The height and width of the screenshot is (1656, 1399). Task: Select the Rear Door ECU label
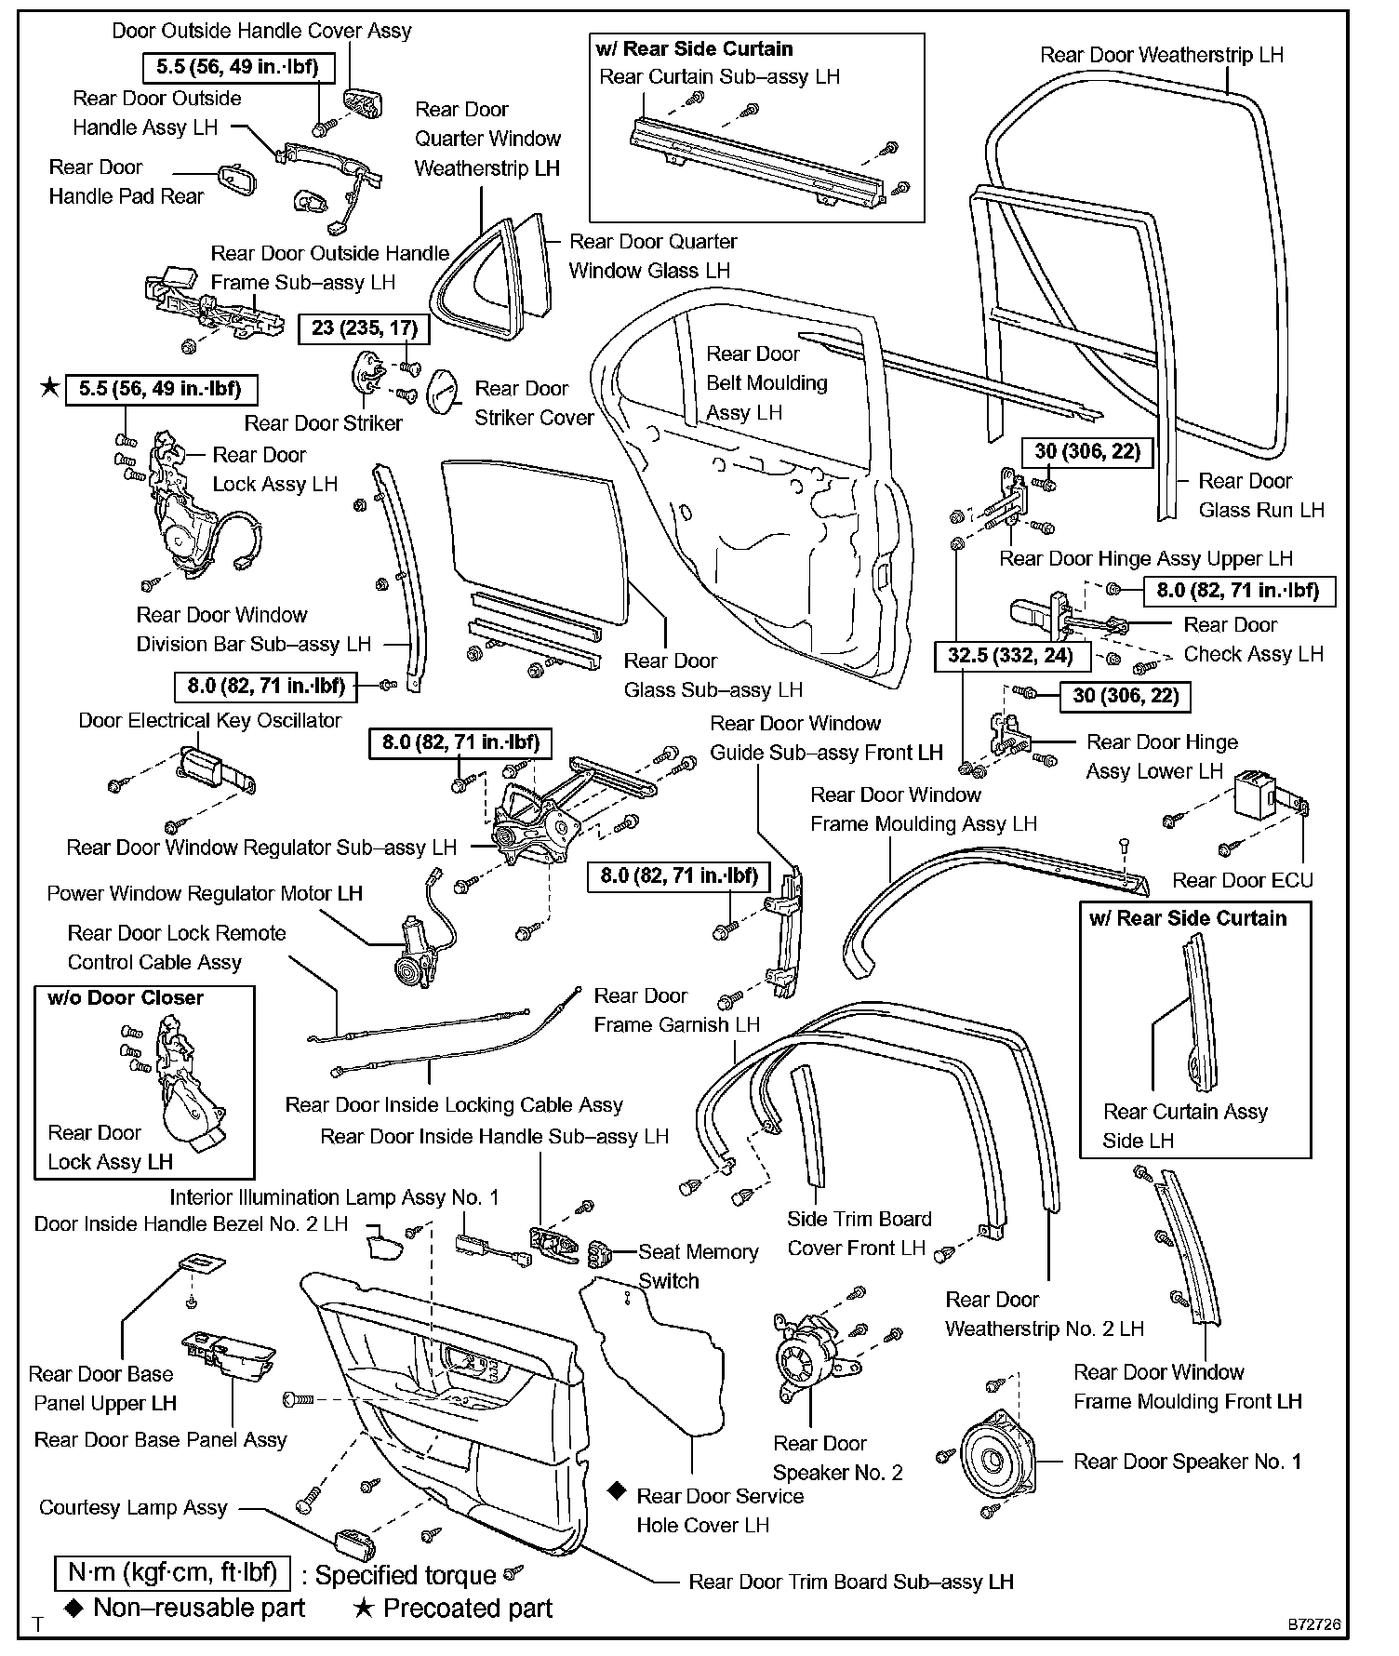pyautogui.click(x=1242, y=880)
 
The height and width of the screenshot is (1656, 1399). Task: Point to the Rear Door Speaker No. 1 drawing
pyautogui.click(x=993, y=1462)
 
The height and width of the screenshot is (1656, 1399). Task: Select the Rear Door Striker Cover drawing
pyautogui.click(x=444, y=390)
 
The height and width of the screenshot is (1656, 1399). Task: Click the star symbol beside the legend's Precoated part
pyautogui.click(x=364, y=1608)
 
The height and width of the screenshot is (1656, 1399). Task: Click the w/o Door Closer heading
pyautogui.click(x=125, y=998)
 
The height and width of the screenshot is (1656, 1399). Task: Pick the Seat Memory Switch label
pyautogui.click(x=698, y=1266)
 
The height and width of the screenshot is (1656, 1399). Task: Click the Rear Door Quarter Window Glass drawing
pyautogui.click(x=536, y=265)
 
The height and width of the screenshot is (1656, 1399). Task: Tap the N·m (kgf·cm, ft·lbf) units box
pyautogui.click(x=172, y=1572)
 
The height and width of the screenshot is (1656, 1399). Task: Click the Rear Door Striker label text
pyautogui.click(x=323, y=423)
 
